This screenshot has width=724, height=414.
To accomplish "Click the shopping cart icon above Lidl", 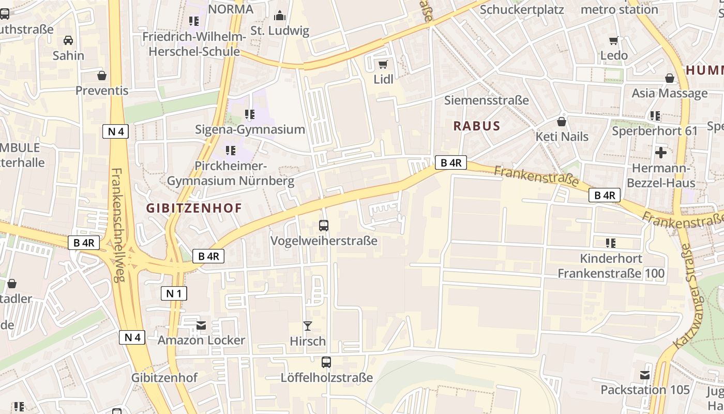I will coord(383,64).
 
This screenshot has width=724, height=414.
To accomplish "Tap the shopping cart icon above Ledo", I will coord(614,40).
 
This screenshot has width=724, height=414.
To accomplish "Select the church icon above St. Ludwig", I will coord(280,16).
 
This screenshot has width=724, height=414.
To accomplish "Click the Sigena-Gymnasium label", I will coord(250,129).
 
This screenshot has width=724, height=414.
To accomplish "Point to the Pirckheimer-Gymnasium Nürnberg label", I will coord(231,173).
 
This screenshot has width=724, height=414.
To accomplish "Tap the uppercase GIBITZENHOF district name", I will coord(194,209).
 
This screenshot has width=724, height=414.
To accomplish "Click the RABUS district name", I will coord(477,126).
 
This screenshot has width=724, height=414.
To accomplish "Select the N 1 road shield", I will coord(174,294).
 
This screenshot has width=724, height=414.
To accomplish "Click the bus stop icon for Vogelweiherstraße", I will coord(324,226).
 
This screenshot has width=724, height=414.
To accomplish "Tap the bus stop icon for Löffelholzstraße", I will coord(326,362).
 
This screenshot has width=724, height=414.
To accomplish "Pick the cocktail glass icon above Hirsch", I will coord(308,326).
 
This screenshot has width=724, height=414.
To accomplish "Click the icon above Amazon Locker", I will coord(201,325).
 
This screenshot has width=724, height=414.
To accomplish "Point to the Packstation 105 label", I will coord(645,390).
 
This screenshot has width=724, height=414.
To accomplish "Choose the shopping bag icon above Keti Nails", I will coord(562,122).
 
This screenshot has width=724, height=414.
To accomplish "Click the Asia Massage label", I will coord(669,93).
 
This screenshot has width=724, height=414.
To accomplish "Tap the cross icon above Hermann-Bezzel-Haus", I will coord(661,153).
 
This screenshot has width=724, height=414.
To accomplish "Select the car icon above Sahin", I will coord(68,40).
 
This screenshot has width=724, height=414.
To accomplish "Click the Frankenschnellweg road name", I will coord(118,225).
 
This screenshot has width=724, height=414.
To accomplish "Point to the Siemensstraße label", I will coord(487,100).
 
